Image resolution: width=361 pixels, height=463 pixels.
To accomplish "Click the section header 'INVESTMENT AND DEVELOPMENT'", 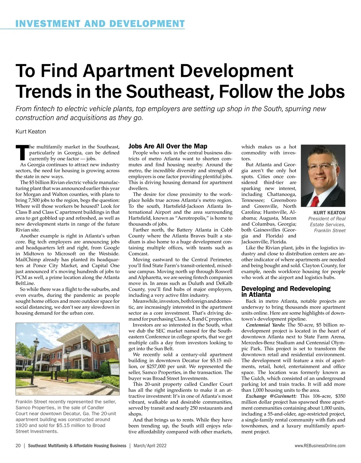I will [100, 23].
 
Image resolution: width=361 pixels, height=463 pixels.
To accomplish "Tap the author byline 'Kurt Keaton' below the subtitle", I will [31, 132].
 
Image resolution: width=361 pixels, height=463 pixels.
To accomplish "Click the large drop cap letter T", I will [22, 152].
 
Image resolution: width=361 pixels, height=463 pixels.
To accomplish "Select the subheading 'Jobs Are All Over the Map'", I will [168, 146].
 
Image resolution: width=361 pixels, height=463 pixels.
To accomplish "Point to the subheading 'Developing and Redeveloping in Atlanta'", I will [286, 291].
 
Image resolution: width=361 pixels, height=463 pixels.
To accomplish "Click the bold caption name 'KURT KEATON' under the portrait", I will [329, 213].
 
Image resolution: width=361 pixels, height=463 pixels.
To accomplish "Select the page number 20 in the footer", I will [18, 446].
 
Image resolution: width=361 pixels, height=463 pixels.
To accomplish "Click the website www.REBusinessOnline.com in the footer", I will [320, 446].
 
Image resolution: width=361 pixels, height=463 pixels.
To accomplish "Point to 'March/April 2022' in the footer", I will [150, 446].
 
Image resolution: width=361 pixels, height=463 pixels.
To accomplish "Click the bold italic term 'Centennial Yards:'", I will [266, 325].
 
